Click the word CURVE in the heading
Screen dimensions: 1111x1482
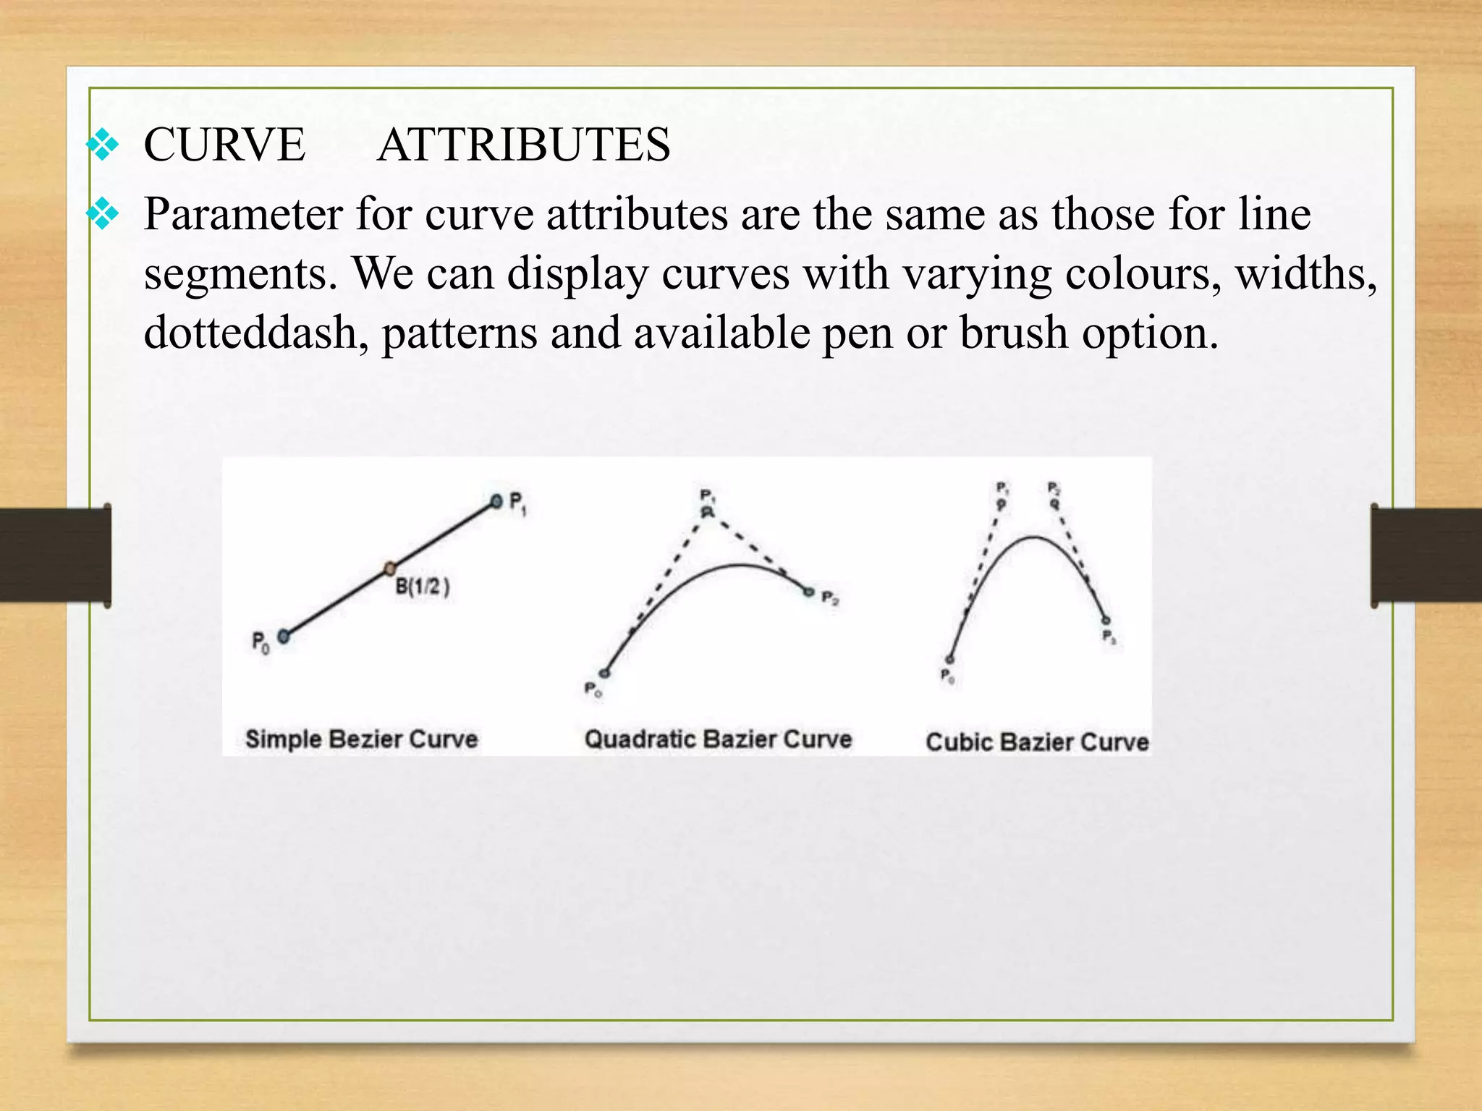(x=224, y=145)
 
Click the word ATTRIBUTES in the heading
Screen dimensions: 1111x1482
(x=523, y=145)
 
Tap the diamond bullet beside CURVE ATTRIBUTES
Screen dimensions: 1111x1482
(x=103, y=145)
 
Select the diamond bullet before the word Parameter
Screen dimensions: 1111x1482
(x=103, y=214)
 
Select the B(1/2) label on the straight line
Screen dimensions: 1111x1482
(x=423, y=587)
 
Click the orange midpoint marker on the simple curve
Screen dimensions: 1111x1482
(x=390, y=568)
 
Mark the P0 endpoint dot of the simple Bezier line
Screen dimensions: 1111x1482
(x=284, y=637)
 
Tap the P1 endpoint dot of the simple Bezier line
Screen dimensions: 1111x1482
(x=496, y=501)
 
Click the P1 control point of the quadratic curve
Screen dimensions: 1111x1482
(x=707, y=512)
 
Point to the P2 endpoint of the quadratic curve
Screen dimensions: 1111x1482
(x=809, y=592)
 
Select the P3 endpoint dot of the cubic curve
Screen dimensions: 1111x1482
(x=1106, y=621)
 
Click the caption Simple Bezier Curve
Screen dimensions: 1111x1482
(x=361, y=739)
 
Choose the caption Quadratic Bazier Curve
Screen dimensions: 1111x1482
(x=718, y=739)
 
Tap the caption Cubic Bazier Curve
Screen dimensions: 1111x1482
(x=1037, y=742)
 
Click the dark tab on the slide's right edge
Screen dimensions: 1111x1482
(x=1426, y=555)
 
